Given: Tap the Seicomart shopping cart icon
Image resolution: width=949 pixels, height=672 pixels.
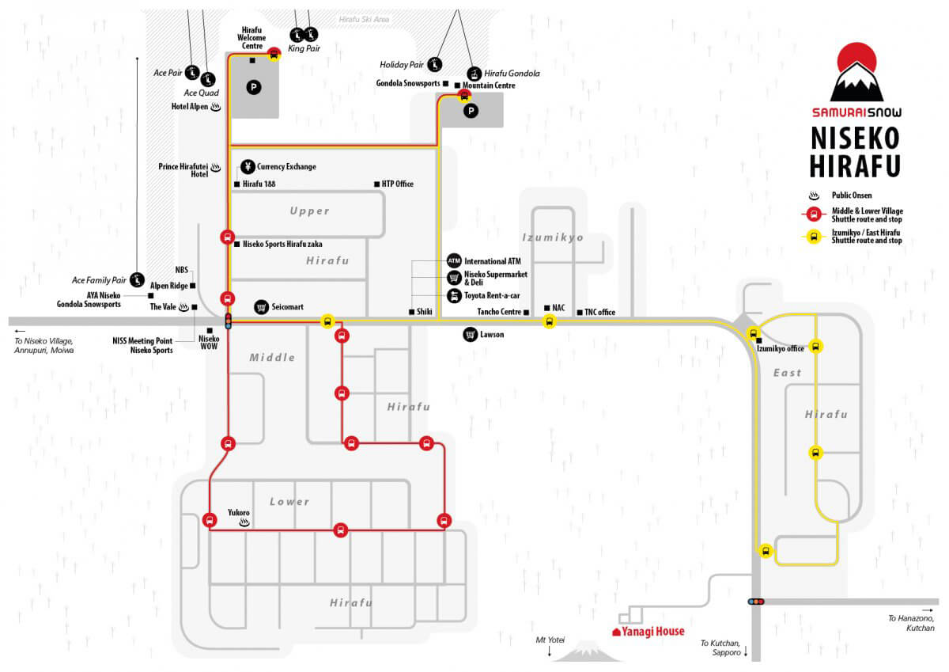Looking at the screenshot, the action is (262, 307).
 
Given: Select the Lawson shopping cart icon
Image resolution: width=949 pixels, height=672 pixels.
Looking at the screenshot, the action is (471, 335).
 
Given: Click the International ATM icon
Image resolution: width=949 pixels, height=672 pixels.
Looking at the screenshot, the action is (454, 260).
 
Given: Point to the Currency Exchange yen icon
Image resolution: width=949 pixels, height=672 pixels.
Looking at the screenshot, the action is (248, 167).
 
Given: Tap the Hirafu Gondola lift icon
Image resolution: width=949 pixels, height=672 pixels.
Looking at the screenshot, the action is (475, 74).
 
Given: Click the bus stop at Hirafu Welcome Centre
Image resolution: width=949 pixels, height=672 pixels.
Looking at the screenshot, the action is (274, 55).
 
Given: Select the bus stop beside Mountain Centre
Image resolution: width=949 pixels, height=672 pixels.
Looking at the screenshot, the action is (465, 96).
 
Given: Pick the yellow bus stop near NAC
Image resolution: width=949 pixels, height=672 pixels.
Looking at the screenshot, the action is (549, 321).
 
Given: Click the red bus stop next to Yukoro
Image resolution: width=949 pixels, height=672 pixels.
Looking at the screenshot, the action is (210, 520).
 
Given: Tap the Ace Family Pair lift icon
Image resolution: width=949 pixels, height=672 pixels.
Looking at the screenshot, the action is (137, 280).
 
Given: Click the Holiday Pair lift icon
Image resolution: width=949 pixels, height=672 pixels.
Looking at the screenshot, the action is (435, 64).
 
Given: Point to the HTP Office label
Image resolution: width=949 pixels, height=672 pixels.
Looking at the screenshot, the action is (397, 184).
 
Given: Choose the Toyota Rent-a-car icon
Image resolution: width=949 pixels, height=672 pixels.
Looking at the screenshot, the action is (454, 295).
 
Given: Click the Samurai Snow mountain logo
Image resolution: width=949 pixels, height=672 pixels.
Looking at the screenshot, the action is (856, 72).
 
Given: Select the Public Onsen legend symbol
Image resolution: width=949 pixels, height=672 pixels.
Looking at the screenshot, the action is (814, 196).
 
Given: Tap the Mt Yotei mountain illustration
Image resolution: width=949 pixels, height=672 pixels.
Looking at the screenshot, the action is (587, 651).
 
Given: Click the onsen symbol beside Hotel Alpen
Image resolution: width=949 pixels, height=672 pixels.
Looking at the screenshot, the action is (216, 107).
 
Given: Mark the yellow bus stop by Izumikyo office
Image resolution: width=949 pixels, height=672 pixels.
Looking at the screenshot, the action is (753, 334).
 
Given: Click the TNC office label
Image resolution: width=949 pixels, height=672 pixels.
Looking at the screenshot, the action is (599, 312).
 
